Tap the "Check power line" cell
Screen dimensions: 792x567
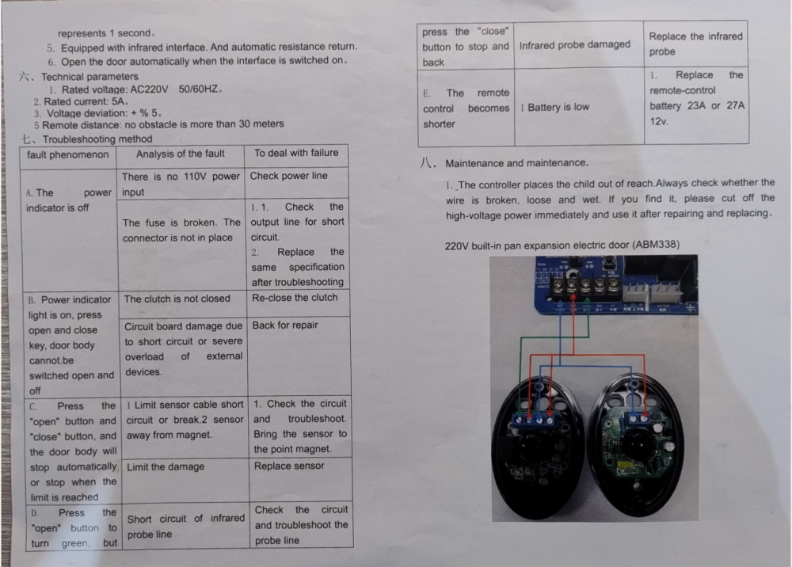296,183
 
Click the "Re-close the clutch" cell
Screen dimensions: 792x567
298,303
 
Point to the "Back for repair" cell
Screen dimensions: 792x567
299,356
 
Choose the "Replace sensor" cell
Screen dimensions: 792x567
300,480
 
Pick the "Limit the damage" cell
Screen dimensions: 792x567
185,481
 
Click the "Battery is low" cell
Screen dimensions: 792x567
580,107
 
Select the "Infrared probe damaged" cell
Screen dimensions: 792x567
579,45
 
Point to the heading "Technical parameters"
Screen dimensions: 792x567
90,77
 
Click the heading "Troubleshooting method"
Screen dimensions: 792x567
97,139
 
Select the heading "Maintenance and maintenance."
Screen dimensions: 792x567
516,163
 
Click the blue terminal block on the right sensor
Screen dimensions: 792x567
639,418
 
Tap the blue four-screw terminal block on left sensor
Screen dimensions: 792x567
534,420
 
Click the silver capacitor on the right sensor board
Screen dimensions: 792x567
668,447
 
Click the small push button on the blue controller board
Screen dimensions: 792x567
610,262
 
